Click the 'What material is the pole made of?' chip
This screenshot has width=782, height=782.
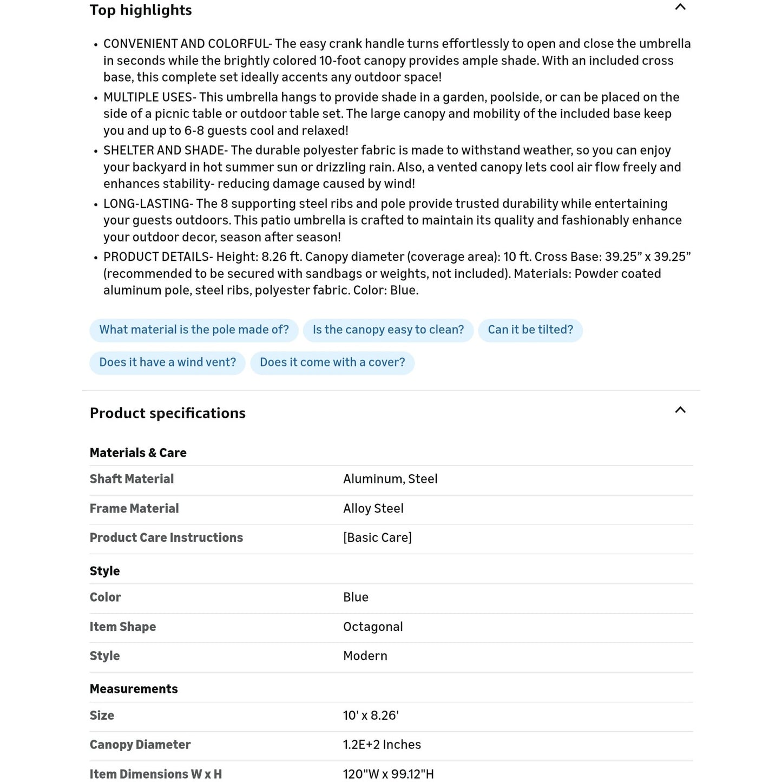pos(194,330)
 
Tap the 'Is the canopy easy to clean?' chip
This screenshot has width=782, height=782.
pos(388,330)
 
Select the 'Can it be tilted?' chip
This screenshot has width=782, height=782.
pos(530,330)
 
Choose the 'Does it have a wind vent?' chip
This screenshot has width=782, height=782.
pos(167,363)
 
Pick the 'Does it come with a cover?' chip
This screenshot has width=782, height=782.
pos(332,363)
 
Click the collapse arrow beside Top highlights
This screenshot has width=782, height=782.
pos(680,8)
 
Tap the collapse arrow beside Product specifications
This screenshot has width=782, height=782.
pos(680,410)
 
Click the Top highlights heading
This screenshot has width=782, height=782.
pos(141,10)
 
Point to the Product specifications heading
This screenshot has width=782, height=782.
pos(168,413)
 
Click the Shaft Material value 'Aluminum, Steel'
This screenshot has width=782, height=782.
pos(390,479)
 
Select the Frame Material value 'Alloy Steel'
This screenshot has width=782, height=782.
pos(373,509)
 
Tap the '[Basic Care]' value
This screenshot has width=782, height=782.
pos(377,538)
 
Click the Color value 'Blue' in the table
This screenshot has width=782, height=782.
pos(356,597)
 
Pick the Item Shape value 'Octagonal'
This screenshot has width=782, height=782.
pos(373,627)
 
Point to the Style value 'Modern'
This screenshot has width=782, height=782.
pos(365,656)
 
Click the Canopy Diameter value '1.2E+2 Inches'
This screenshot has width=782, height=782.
pos(382,745)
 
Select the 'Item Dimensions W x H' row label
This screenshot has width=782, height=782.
pos(156,774)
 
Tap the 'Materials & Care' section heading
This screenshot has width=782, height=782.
pos(138,453)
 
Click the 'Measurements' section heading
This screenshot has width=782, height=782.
pos(134,689)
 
